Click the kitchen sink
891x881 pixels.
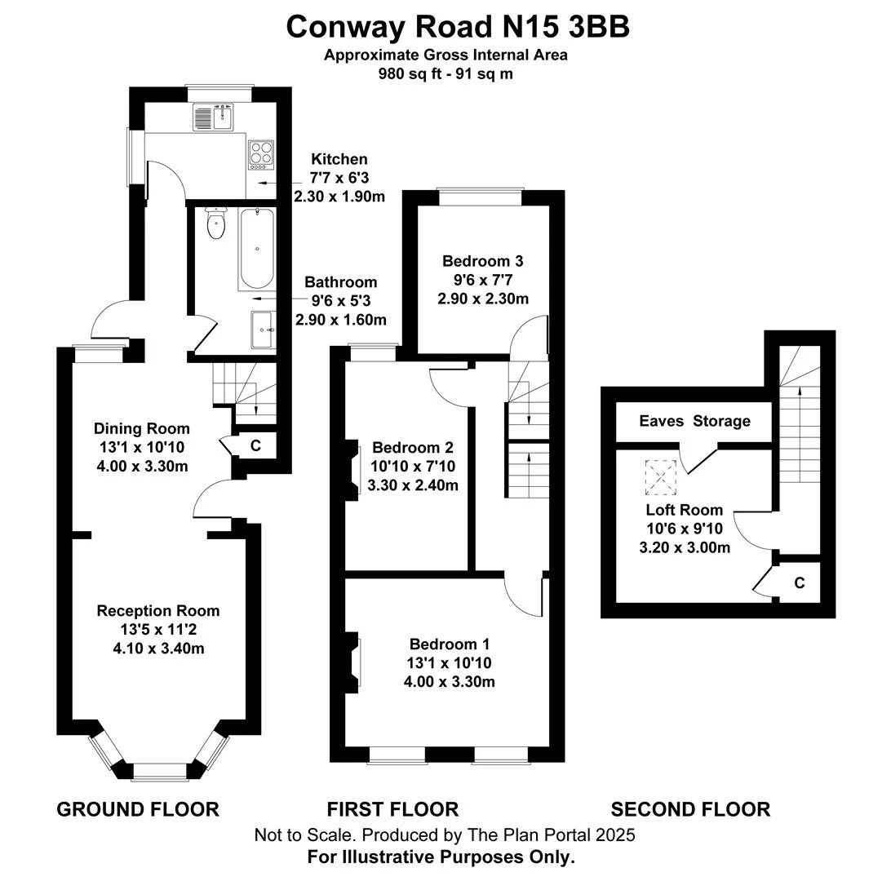pyautogui.click(x=214, y=118)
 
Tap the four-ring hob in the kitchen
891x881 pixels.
pyautogui.click(x=261, y=153)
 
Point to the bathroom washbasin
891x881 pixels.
pyautogui.click(x=264, y=329)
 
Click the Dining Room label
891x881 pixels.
pyautogui.click(x=141, y=428)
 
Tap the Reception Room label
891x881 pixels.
pyautogui.click(x=158, y=610)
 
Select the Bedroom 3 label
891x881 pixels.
pyautogui.click(x=482, y=261)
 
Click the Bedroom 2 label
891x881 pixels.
pyautogui.click(x=413, y=448)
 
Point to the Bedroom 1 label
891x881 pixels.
pyautogui.click(x=450, y=643)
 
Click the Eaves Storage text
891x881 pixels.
pyautogui.click(x=694, y=421)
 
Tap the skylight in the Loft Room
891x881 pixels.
pyautogui.click(x=661, y=477)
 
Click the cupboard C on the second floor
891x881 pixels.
pyautogui.click(x=800, y=582)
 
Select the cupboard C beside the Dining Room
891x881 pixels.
pyautogui.click(x=255, y=445)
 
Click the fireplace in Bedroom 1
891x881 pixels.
pyautogui.click(x=356, y=662)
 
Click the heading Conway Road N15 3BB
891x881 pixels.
pyautogui.click(x=458, y=27)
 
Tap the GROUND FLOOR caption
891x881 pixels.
pyautogui.click(x=138, y=809)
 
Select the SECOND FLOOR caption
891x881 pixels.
pyautogui.click(x=690, y=809)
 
